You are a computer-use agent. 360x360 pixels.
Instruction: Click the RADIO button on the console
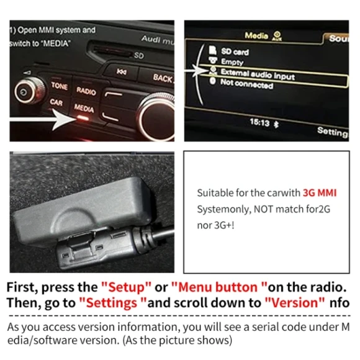pos(86,91)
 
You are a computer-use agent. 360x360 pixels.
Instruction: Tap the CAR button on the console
pos(56,102)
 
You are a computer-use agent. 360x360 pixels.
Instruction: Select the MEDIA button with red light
pos(84,109)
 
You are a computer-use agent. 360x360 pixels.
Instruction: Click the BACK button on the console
pos(163,78)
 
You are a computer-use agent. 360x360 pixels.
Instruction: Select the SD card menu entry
pos(235,52)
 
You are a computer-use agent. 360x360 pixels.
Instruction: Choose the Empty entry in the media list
pos(232,62)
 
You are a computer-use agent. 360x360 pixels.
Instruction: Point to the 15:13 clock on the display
pos(259,122)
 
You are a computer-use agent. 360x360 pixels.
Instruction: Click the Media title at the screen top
pos(256,36)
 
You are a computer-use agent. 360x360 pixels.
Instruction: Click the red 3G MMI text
pos(319,192)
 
